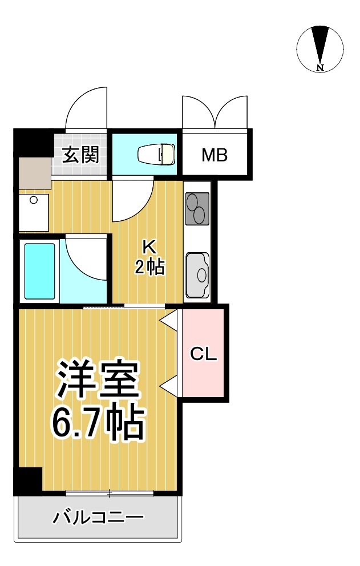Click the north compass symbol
(320, 48)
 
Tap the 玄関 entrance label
(80, 154)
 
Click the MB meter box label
(215, 155)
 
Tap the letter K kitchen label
(149, 246)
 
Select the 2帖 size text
(149, 266)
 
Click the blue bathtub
(40, 271)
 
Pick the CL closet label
(204, 354)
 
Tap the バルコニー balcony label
(98, 518)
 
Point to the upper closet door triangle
(169, 320)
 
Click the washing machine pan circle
(34, 200)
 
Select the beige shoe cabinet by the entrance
(34, 171)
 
